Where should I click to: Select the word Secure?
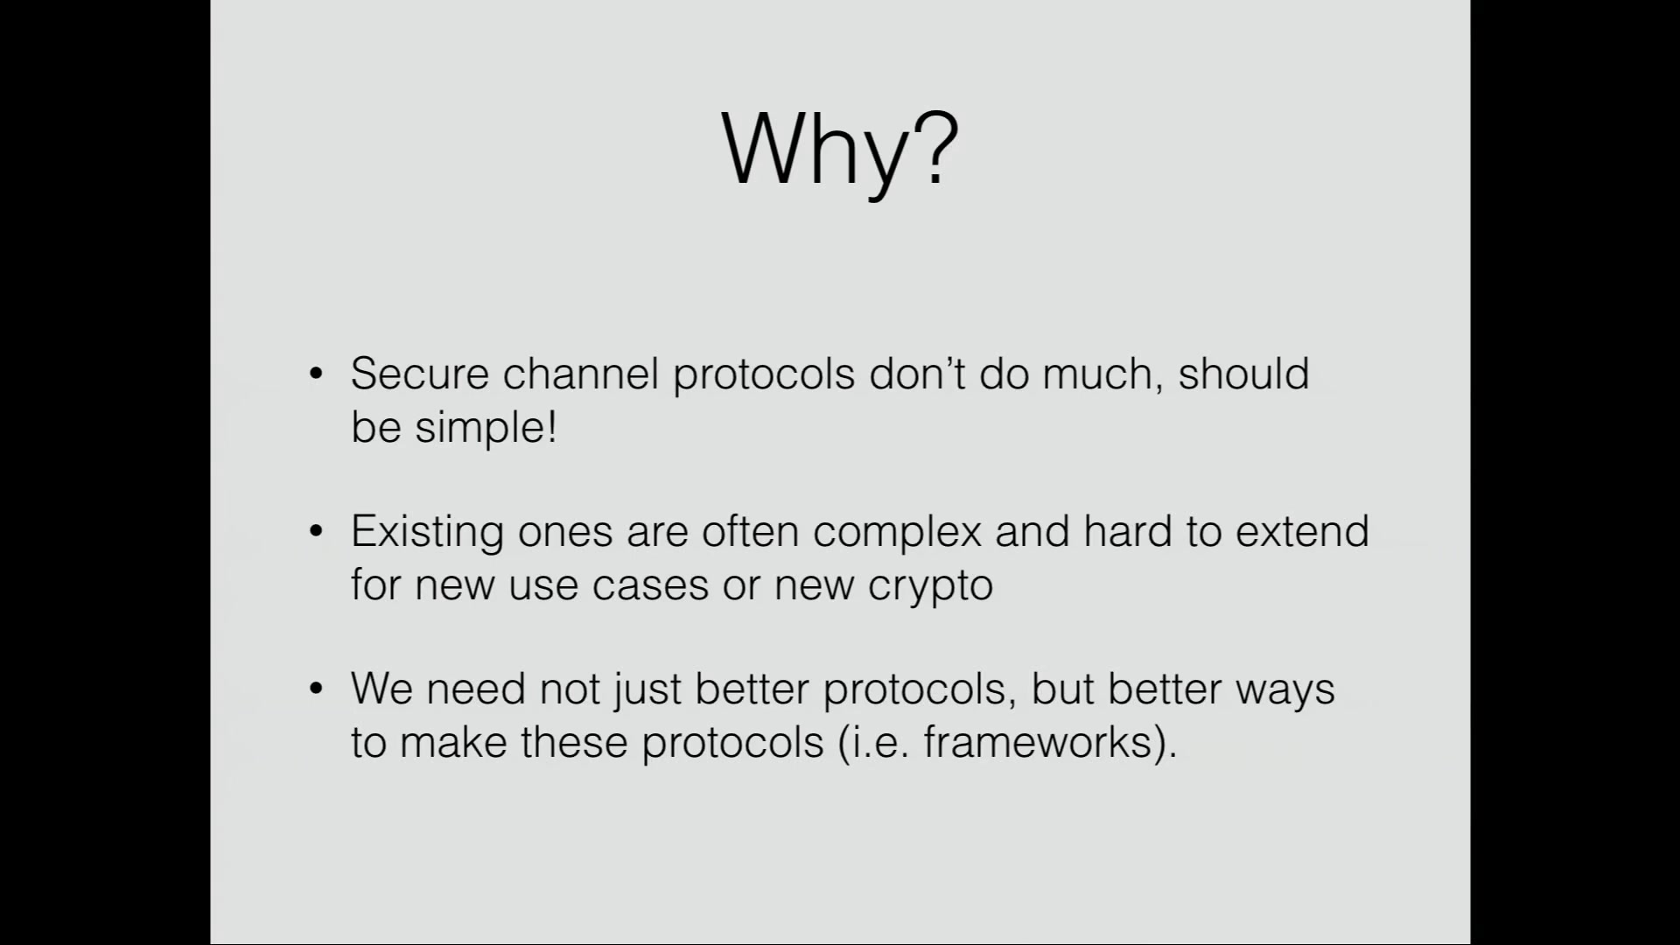pos(419,374)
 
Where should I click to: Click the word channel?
pos(580,374)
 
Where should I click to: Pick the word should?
pos(1243,374)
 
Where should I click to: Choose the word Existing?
pos(427,533)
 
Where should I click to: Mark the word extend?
pos(1302,531)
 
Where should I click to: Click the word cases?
pos(650,585)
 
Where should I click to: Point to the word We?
pos(381,689)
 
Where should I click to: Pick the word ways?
pos(1284,692)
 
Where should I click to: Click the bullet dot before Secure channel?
pos(317,374)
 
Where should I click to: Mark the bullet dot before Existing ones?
pos(317,532)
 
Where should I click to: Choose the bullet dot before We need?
pos(317,689)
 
